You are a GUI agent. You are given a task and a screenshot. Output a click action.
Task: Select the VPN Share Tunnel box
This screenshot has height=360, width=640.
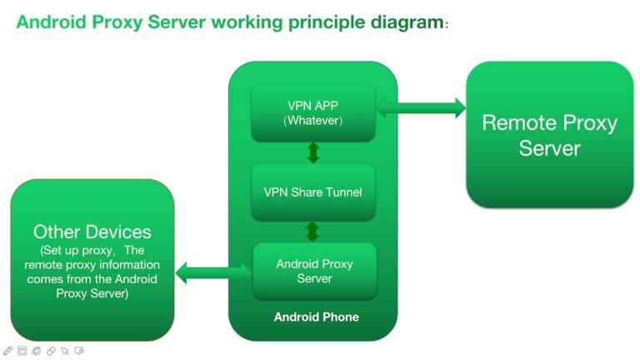click(313, 192)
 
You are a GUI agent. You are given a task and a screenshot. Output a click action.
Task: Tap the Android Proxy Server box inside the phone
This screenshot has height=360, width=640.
click(314, 271)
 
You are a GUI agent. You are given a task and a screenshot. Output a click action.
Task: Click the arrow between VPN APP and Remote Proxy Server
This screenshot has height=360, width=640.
click(421, 106)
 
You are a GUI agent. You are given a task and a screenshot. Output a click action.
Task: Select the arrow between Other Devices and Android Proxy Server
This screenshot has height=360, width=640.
click(213, 270)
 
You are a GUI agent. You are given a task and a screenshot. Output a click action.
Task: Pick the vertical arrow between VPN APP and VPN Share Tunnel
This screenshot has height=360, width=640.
click(313, 152)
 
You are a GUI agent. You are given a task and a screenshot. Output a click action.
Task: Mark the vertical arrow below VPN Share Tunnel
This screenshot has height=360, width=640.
click(313, 231)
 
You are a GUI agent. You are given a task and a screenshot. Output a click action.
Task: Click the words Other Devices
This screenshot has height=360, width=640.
click(92, 232)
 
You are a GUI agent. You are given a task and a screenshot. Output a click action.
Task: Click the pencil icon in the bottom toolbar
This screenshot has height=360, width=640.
click(7, 351)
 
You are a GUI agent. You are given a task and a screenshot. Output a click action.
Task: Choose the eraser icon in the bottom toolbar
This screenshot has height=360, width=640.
click(51, 351)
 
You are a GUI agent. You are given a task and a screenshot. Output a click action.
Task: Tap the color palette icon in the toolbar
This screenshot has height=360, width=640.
click(37, 351)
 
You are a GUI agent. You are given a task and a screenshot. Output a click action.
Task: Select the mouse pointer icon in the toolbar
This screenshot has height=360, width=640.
click(65, 351)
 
